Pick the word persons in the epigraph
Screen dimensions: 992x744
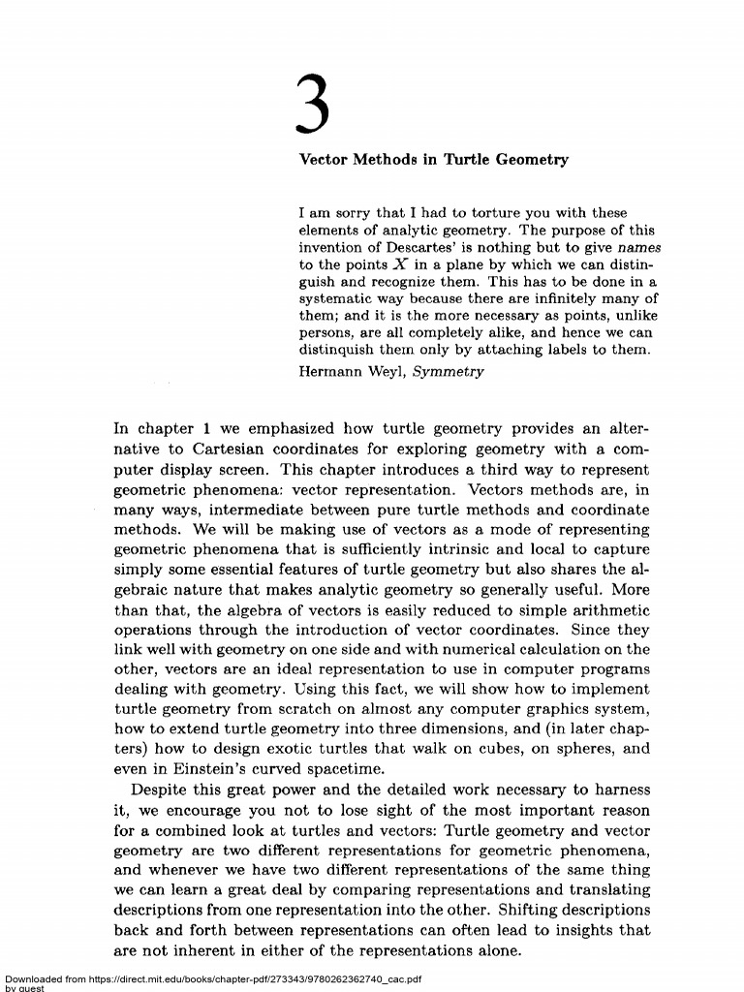[325, 332]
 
